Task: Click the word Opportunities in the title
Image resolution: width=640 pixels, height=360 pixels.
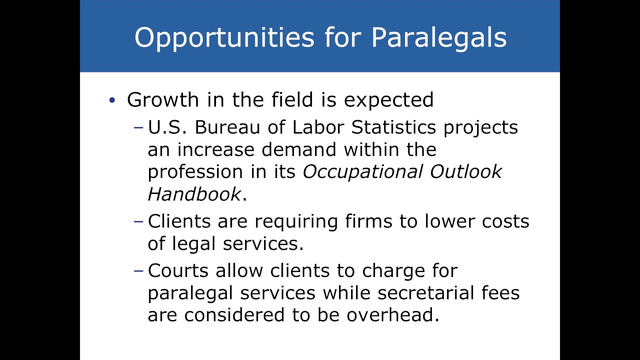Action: (224, 38)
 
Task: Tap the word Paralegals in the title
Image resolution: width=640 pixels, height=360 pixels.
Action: (438, 38)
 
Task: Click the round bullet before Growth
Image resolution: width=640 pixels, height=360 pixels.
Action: (112, 100)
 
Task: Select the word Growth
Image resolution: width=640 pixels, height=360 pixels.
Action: (163, 100)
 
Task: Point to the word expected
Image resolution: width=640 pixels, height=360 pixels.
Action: (388, 100)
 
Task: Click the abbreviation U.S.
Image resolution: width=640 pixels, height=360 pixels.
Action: (167, 127)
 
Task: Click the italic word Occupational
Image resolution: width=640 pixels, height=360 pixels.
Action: (363, 172)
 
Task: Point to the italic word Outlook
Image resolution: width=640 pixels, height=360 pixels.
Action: (466, 171)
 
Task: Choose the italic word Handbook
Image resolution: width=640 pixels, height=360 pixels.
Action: (194, 194)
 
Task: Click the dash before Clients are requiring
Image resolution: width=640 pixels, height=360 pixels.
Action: (139, 221)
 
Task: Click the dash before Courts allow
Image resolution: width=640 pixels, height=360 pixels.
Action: (139, 270)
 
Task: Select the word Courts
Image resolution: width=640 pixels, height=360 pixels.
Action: (178, 270)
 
